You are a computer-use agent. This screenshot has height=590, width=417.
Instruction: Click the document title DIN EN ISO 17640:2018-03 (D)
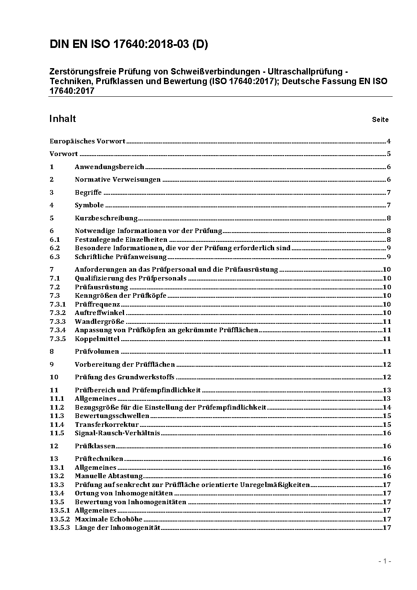tap(129, 45)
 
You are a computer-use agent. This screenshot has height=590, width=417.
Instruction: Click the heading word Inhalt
tap(63, 119)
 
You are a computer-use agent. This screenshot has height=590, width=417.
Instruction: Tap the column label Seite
tap(380, 120)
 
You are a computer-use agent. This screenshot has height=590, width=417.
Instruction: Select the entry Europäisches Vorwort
tap(87, 141)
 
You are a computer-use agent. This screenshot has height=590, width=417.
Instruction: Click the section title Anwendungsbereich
tap(109, 167)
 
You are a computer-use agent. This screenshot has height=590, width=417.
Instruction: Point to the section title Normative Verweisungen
tap(118, 180)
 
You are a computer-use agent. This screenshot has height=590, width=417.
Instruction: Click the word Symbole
tap(89, 205)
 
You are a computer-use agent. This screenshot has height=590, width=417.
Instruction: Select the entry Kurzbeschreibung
tap(106, 218)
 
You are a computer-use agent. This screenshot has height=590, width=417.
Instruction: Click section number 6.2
tap(55, 248)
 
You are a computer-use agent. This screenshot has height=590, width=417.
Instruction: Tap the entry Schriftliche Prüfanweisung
tap(121, 257)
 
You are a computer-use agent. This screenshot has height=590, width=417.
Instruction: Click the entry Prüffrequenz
tap(97, 304)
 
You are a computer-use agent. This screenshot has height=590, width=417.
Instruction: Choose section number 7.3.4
tap(58, 330)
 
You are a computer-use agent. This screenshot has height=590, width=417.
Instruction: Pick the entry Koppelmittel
tap(97, 339)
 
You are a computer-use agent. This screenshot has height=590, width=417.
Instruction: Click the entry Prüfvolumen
tap(97, 352)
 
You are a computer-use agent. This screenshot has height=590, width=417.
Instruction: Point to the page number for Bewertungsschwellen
tap(387, 416)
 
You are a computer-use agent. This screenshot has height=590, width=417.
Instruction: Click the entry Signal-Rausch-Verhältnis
tap(117, 433)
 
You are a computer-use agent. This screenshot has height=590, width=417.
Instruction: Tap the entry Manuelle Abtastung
tap(109, 476)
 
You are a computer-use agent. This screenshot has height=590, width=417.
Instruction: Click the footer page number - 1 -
tap(385, 561)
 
